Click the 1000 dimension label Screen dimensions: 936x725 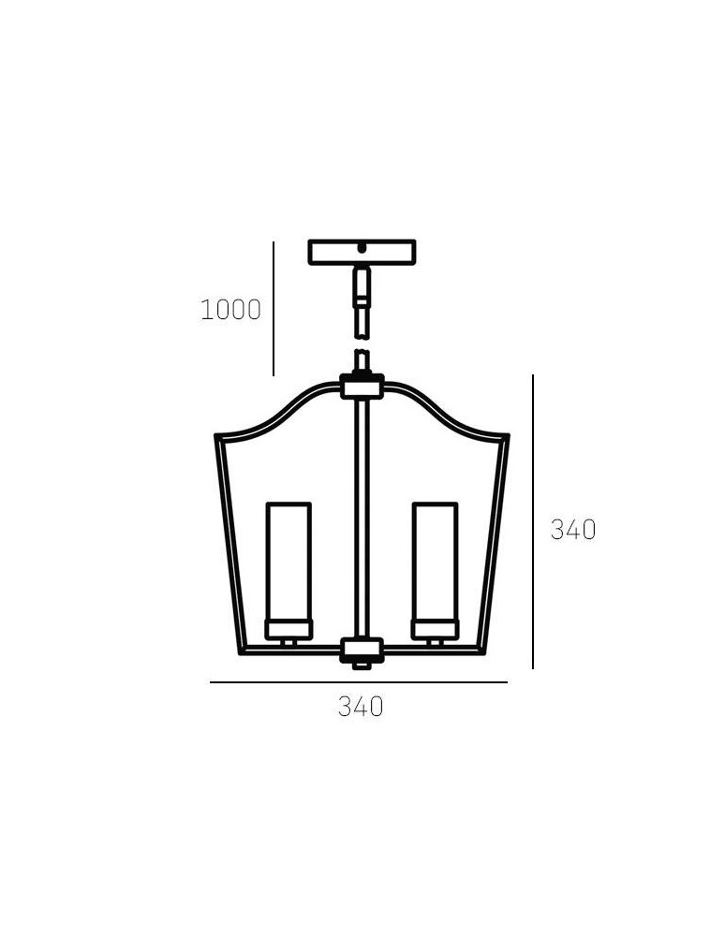click(230, 310)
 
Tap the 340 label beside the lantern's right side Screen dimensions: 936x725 click(572, 530)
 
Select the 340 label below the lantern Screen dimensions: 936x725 click(361, 707)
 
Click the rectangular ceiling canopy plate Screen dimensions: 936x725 click(362, 252)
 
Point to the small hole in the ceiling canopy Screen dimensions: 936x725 click(362, 249)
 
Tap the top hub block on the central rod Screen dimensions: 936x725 click(362, 387)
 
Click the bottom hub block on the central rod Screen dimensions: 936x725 click(362, 650)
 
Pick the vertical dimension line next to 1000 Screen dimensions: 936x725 click(274, 309)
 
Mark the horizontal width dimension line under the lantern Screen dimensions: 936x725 click(359, 682)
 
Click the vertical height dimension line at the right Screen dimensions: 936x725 click(533, 521)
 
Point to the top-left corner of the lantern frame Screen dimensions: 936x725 click(217, 437)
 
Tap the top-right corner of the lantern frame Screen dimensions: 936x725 click(507, 437)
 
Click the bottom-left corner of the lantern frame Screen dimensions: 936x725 click(242, 651)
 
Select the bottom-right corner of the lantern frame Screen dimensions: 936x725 click(482, 651)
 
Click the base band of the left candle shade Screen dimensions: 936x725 click(289, 628)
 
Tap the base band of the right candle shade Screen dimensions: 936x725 click(436, 628)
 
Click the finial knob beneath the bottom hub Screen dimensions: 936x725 click(362, 665)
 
